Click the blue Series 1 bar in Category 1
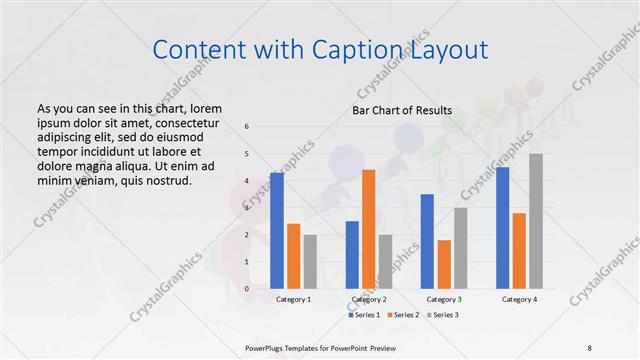click(277, 231)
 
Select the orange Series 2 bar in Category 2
click(368, 229)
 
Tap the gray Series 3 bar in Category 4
click(536, 221)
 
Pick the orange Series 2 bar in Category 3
click(444, 264)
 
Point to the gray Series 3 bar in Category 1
click(310, 262)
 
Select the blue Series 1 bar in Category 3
click(427, 241)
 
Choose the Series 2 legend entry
click(402, 315)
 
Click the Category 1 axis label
click(293, 299)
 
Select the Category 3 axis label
click(444, 299)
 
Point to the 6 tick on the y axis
click(248, 127)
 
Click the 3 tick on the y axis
click(248, 208)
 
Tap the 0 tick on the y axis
click(248, 289)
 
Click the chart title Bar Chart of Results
click(402, 110)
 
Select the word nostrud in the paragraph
click(164, 181)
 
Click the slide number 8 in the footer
click(590, 347)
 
